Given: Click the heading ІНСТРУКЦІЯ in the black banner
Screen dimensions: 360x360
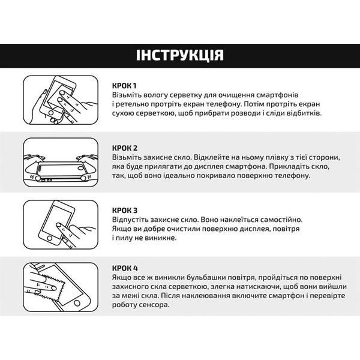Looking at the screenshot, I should pyautogui.click(x=180, y=56).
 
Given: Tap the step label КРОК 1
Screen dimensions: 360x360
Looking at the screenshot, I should pyautogui.click(x=125, y=85).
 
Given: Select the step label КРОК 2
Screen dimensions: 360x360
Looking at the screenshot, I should pyautogui.click(x=125, y=148).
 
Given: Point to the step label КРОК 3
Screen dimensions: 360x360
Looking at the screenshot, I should pyautogui.click(x=125, y=210).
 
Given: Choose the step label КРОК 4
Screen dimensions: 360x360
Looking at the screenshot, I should pyautogui.click(x=125, y=267).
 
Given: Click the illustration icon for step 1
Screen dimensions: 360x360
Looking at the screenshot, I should pyautogui.click(x=59, y=98).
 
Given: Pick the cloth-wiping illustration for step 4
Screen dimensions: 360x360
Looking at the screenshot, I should pyautogui.click(x=59, y=286).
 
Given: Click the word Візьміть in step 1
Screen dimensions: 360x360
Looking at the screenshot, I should pyautogui.click(x=128, y=95).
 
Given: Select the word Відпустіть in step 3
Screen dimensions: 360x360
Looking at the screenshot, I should pyautogui.click(x=131, y=220).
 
